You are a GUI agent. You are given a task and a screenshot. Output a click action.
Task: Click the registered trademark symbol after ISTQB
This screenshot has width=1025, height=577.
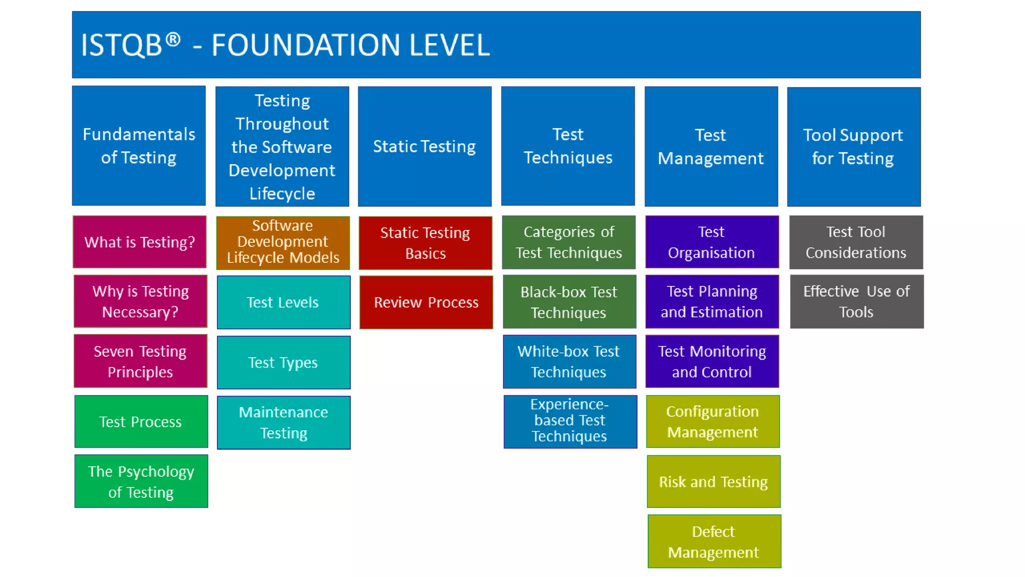tap(173, 40)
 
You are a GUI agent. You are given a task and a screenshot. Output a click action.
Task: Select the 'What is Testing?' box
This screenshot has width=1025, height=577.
tap(140, 242)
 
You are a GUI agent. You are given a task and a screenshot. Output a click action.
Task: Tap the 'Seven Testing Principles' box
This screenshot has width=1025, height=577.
tap(140, 361)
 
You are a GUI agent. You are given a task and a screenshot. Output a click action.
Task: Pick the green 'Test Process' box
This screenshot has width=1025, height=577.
tap(141, 421)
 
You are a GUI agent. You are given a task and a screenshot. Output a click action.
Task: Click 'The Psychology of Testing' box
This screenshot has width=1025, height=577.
tap(141, 481)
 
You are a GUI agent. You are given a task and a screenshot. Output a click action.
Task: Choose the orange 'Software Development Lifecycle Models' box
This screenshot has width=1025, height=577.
tap(283, 242)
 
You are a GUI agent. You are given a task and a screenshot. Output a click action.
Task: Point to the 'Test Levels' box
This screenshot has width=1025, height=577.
tap(283, 302)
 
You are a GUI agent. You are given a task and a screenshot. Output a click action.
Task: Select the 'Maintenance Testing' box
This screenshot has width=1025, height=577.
tap(283, 422)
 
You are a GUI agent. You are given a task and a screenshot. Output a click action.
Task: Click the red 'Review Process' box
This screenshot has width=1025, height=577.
tap(426, 302)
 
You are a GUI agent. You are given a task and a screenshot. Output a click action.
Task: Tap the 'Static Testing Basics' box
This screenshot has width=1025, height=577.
tap(425, 243)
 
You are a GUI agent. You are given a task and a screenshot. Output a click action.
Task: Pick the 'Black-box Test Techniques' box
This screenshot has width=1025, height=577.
tap(569, 302)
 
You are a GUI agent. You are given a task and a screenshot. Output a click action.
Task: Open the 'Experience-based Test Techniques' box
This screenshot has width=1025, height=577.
tap(570, 421)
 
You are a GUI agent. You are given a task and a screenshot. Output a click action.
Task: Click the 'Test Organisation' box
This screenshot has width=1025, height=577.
tap(712, 242)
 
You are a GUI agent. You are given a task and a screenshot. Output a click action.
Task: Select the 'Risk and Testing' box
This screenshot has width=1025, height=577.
tap(713, 481)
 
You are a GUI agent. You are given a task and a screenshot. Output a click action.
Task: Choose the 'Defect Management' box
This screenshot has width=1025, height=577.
tap(714, 541)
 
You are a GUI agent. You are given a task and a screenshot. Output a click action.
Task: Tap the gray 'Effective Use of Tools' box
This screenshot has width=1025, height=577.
tap(856, 302)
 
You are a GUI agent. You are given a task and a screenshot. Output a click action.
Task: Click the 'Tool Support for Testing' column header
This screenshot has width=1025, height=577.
tap(853, 146)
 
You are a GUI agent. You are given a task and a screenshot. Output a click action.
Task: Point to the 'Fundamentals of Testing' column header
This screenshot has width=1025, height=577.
tap(139, 146)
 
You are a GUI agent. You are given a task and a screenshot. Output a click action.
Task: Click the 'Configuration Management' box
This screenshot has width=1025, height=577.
tap(713, 421)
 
